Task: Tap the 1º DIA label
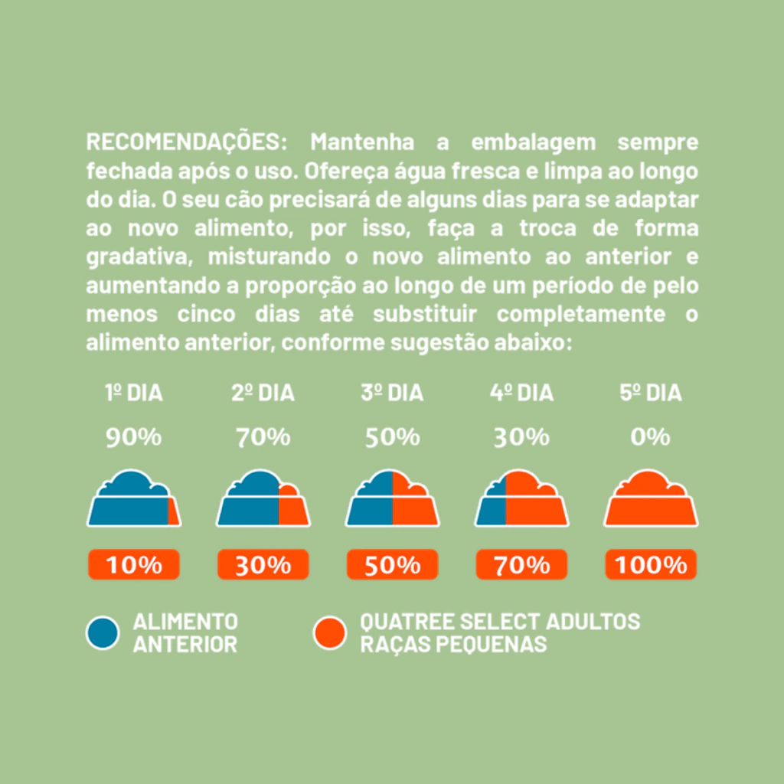134,394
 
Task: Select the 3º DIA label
392,394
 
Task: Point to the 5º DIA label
650,394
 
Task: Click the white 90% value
134,437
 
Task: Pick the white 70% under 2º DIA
263,437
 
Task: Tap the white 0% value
650,437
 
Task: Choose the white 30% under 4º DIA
521,437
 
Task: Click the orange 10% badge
134,565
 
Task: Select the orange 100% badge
651,565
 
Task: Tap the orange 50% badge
392,565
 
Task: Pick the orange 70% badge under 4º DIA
521,565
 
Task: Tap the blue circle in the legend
103,632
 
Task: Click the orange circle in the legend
330,632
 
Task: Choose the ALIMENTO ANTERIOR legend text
185,632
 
